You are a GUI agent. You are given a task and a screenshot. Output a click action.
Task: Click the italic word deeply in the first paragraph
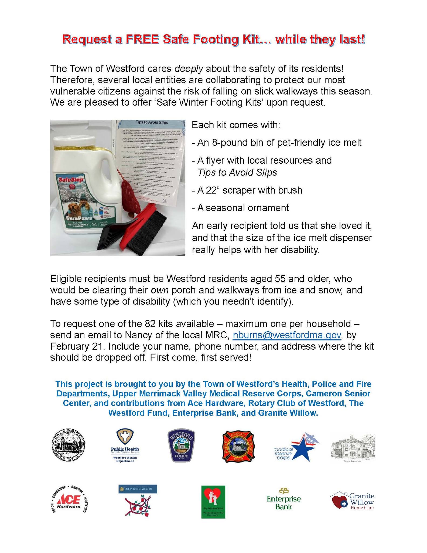pyautogui.click(x=189, y=69)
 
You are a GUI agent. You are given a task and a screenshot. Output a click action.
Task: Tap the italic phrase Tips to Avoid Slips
pyautogui.click(x=237, y=172)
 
